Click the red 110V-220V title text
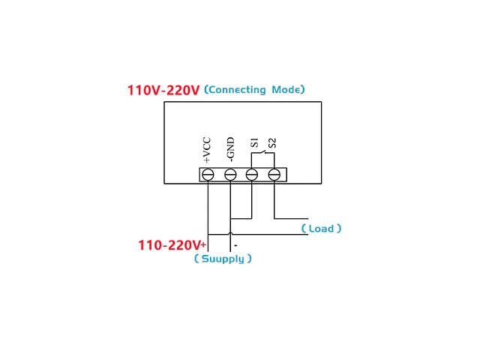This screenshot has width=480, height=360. [x=163, y=91]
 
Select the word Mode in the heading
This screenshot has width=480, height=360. [x=284, y=90]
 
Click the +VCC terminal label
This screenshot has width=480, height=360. [x=207, y=150]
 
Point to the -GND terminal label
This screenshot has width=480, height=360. [x=230, y=150]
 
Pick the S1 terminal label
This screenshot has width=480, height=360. [x=254, y=142]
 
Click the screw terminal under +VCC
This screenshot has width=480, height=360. [x=208, y=175]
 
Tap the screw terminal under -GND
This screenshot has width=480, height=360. [x=230, y=175]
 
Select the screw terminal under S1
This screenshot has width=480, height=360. [x=252, y=175]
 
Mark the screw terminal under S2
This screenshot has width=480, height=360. [x=274, y=175]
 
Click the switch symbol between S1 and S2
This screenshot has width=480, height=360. [x=262, y=154]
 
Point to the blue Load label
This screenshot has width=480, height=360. [x=321, y=229]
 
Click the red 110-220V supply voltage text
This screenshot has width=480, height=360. [x=169, y=245]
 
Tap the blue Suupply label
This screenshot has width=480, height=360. [x=223, y=259]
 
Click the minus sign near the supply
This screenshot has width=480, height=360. [x=235, y=245]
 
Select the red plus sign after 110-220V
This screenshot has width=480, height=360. [x=203, y=244]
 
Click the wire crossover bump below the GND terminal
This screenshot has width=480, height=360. [x=230, y=220]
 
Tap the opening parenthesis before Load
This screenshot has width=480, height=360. [x=304, y=229]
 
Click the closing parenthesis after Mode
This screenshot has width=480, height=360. [x=302, y=90]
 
